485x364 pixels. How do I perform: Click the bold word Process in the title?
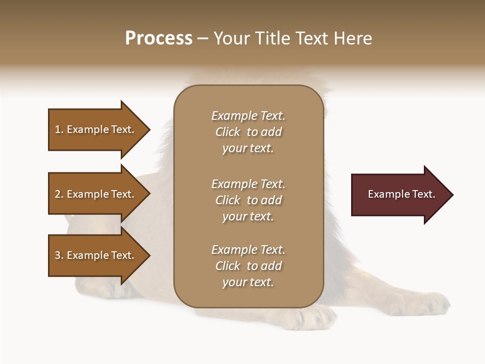(159, 38)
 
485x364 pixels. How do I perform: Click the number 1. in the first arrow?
(59, 129)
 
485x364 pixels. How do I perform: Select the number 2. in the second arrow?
(59, 194)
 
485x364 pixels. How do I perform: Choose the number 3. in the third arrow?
(59, 255)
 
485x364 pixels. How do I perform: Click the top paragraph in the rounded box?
(248, 132)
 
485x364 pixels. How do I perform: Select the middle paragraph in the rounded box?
(248, 200)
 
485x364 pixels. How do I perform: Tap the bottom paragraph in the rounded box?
(248, 266)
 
